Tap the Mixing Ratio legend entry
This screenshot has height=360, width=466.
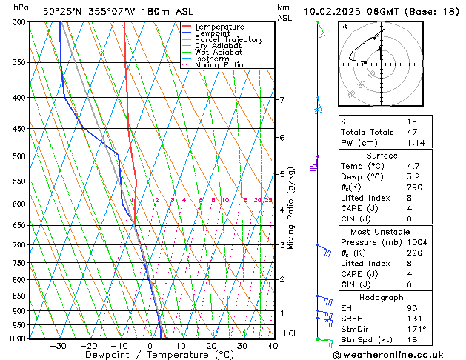pos(219,65)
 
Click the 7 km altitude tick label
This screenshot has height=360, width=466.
pos(282,99)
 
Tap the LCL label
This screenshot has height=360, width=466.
pos(290,333)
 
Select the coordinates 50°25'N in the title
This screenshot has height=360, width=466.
pos(62,11)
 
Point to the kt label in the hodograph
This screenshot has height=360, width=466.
pos(344,27)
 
